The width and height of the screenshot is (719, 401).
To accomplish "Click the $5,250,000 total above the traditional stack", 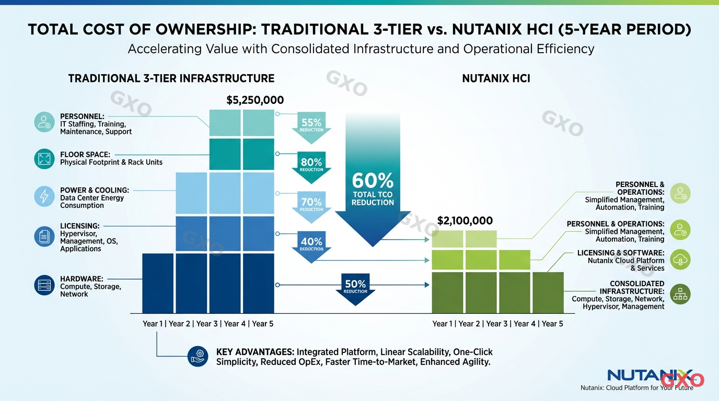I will point(255,100).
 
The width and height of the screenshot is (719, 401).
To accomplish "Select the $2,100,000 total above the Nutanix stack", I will point(465,221).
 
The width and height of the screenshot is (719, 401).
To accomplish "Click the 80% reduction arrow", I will point(311,165).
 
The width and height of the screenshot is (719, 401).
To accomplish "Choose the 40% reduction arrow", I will point(311,244).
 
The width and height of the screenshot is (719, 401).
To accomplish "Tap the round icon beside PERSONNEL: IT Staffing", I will point(44,122).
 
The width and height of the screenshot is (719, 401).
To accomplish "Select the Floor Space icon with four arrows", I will point(44,159).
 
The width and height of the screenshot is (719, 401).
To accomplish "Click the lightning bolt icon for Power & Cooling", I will point(44,196).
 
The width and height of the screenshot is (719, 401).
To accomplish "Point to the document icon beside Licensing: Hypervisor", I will point(44,236).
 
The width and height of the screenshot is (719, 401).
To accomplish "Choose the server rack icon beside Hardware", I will point(44,285).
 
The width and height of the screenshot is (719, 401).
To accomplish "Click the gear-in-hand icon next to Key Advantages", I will point(198,356).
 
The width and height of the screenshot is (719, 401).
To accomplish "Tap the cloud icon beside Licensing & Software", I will point(680,260).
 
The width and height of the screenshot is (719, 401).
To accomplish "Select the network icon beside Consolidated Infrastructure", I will point(680,294).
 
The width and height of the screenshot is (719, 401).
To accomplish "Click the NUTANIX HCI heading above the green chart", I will point(496,79).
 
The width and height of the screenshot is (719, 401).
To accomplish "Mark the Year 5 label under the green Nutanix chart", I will point(552,324).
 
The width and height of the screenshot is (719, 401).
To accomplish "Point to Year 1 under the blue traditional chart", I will point(153,324).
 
